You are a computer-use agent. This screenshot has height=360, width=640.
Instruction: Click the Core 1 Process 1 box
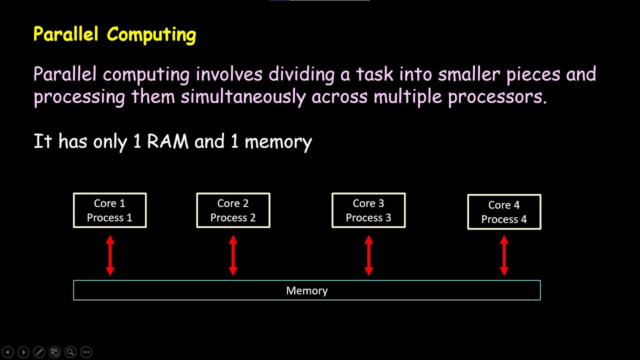pos(109,210)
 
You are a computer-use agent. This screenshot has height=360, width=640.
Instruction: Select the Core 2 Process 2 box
pos(233,210)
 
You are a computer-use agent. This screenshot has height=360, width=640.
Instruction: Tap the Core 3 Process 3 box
pos(368,210)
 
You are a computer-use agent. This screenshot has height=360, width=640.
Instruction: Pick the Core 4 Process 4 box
pos(504,212)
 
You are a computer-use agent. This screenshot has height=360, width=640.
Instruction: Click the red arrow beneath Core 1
pos(110,255)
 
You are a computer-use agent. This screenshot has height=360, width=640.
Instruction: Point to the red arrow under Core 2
pos(233,255)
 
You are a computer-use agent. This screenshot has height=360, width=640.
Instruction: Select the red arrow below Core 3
pos(368,255)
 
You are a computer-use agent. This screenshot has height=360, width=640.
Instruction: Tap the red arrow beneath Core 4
pos(504,255)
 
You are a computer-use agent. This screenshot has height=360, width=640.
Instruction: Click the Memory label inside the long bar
pos(306,290)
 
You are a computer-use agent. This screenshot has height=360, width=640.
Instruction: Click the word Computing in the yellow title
pos(151,35)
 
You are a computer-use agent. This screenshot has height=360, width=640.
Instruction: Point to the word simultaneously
pos(243,96)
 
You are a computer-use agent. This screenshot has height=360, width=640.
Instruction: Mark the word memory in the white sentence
pos(278,142)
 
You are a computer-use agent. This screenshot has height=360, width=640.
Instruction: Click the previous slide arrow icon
pos(8,352)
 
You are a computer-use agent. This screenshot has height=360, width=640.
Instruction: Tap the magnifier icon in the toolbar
pos(70,352)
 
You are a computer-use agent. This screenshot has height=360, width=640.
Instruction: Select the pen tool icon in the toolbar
pos(39,352)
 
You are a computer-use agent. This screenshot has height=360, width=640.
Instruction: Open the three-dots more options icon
pos(86,352)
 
